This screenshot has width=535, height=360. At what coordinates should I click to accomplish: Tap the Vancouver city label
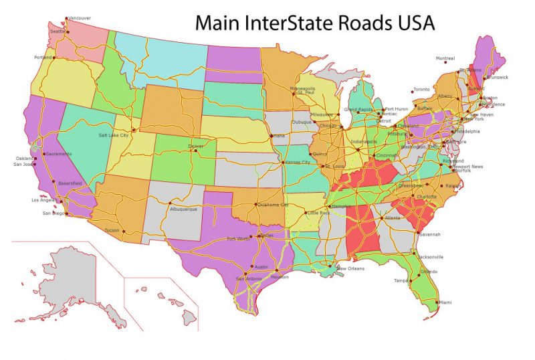pyautogui.click(x=80, y=18)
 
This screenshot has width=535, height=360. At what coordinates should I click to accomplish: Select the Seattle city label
pyautogui.click(x=58, y=31)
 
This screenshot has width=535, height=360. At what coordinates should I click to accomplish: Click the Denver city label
pyautogui.click(x=196, y=146)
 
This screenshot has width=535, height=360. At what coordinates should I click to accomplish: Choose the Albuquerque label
pyautogui.click(x=184, y=209)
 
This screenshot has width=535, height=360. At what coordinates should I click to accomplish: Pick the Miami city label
pyautogui.click(x=445, y=302)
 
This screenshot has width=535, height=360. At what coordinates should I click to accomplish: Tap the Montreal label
pyautogui.click(x=445, y=58)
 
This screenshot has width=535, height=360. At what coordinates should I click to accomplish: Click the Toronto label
pyautogui.click(x=422, y=90)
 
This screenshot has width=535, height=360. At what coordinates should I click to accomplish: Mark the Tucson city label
pyautogui.click(x=112, y=230)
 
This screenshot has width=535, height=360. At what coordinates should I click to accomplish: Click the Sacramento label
pyautogui.click(x=60, y=154)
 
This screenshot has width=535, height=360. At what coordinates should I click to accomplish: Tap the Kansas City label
pyautogui.click(x=298, y=163)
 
